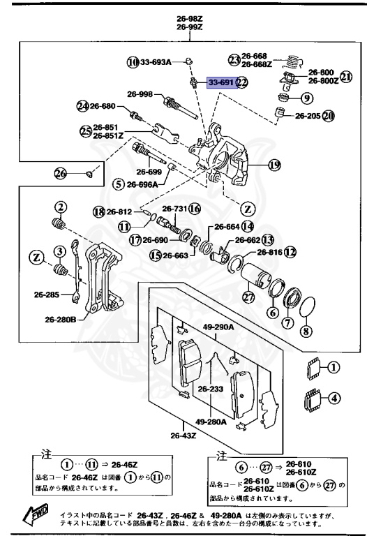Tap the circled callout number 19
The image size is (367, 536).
(274, 165)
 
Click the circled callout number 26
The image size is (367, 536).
(60, 173)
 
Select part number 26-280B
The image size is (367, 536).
(61, 320)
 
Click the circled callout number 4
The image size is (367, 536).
(334, 399)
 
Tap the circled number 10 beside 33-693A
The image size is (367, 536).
(133, 62)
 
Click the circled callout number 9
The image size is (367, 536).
(306, 98)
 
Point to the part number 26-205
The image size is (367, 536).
(307, 116)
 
